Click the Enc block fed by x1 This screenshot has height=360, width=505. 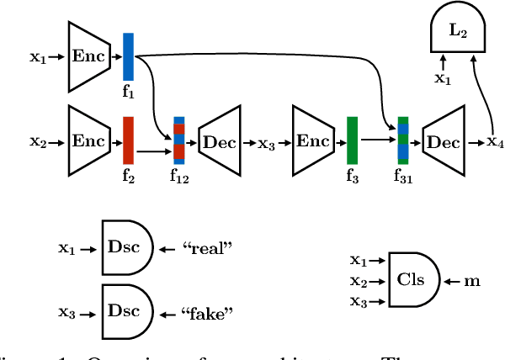click(x=88, y=56)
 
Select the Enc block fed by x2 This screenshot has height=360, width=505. click(x=88, y=141)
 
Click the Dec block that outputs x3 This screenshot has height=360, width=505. click(x=219, y=141)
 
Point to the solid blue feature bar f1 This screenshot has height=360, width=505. click(x=128, y=56)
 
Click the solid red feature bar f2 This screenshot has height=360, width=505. click(x=128, y=140)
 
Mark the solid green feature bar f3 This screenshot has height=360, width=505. click(x=352, y=140)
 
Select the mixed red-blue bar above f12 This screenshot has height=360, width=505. click(x=178, y=140)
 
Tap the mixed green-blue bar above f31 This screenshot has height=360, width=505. click(x=403, y=140)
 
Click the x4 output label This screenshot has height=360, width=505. click(x=495, y=142)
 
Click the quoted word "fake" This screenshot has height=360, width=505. click(x=206, y=313)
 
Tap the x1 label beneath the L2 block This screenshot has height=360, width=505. click(x=442, y=78)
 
